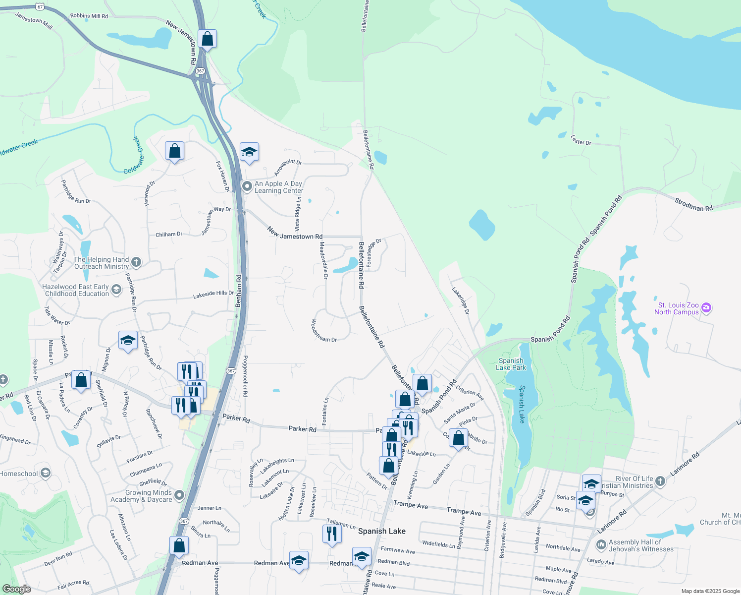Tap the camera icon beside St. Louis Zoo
click(x=707, y=308)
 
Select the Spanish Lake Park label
click(x=511, y=364)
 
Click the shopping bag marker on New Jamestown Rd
click(x=207, y=39)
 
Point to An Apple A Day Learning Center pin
click(x=247, y=186)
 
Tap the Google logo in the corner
click(x=16, y=589)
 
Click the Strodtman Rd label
click(x=693, y=205)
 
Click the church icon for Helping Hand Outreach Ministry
click(x=136, y=262)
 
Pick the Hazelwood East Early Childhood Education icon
click(x=116, y=290)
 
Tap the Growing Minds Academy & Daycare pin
click(x=179, y=495)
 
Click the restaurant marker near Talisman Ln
click(x=331, y=534)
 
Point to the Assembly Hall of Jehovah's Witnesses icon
click(x=601, y=545)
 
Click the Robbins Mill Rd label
click(x=89, y=16)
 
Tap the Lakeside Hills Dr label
click(x=213, y=294)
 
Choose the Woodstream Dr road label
click(x=324, y=331)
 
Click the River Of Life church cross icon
click(x=660, y=480)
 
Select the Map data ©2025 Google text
click(x=710, y=591)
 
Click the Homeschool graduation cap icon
click(x=46, y=473)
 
